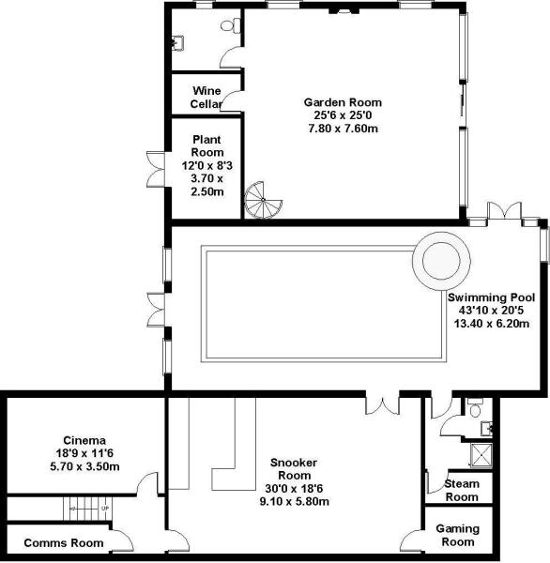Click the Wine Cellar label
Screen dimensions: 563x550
tap(206, 97)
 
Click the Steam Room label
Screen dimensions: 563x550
tap(461, 490)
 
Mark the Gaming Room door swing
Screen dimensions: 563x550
tap(409, 540)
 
